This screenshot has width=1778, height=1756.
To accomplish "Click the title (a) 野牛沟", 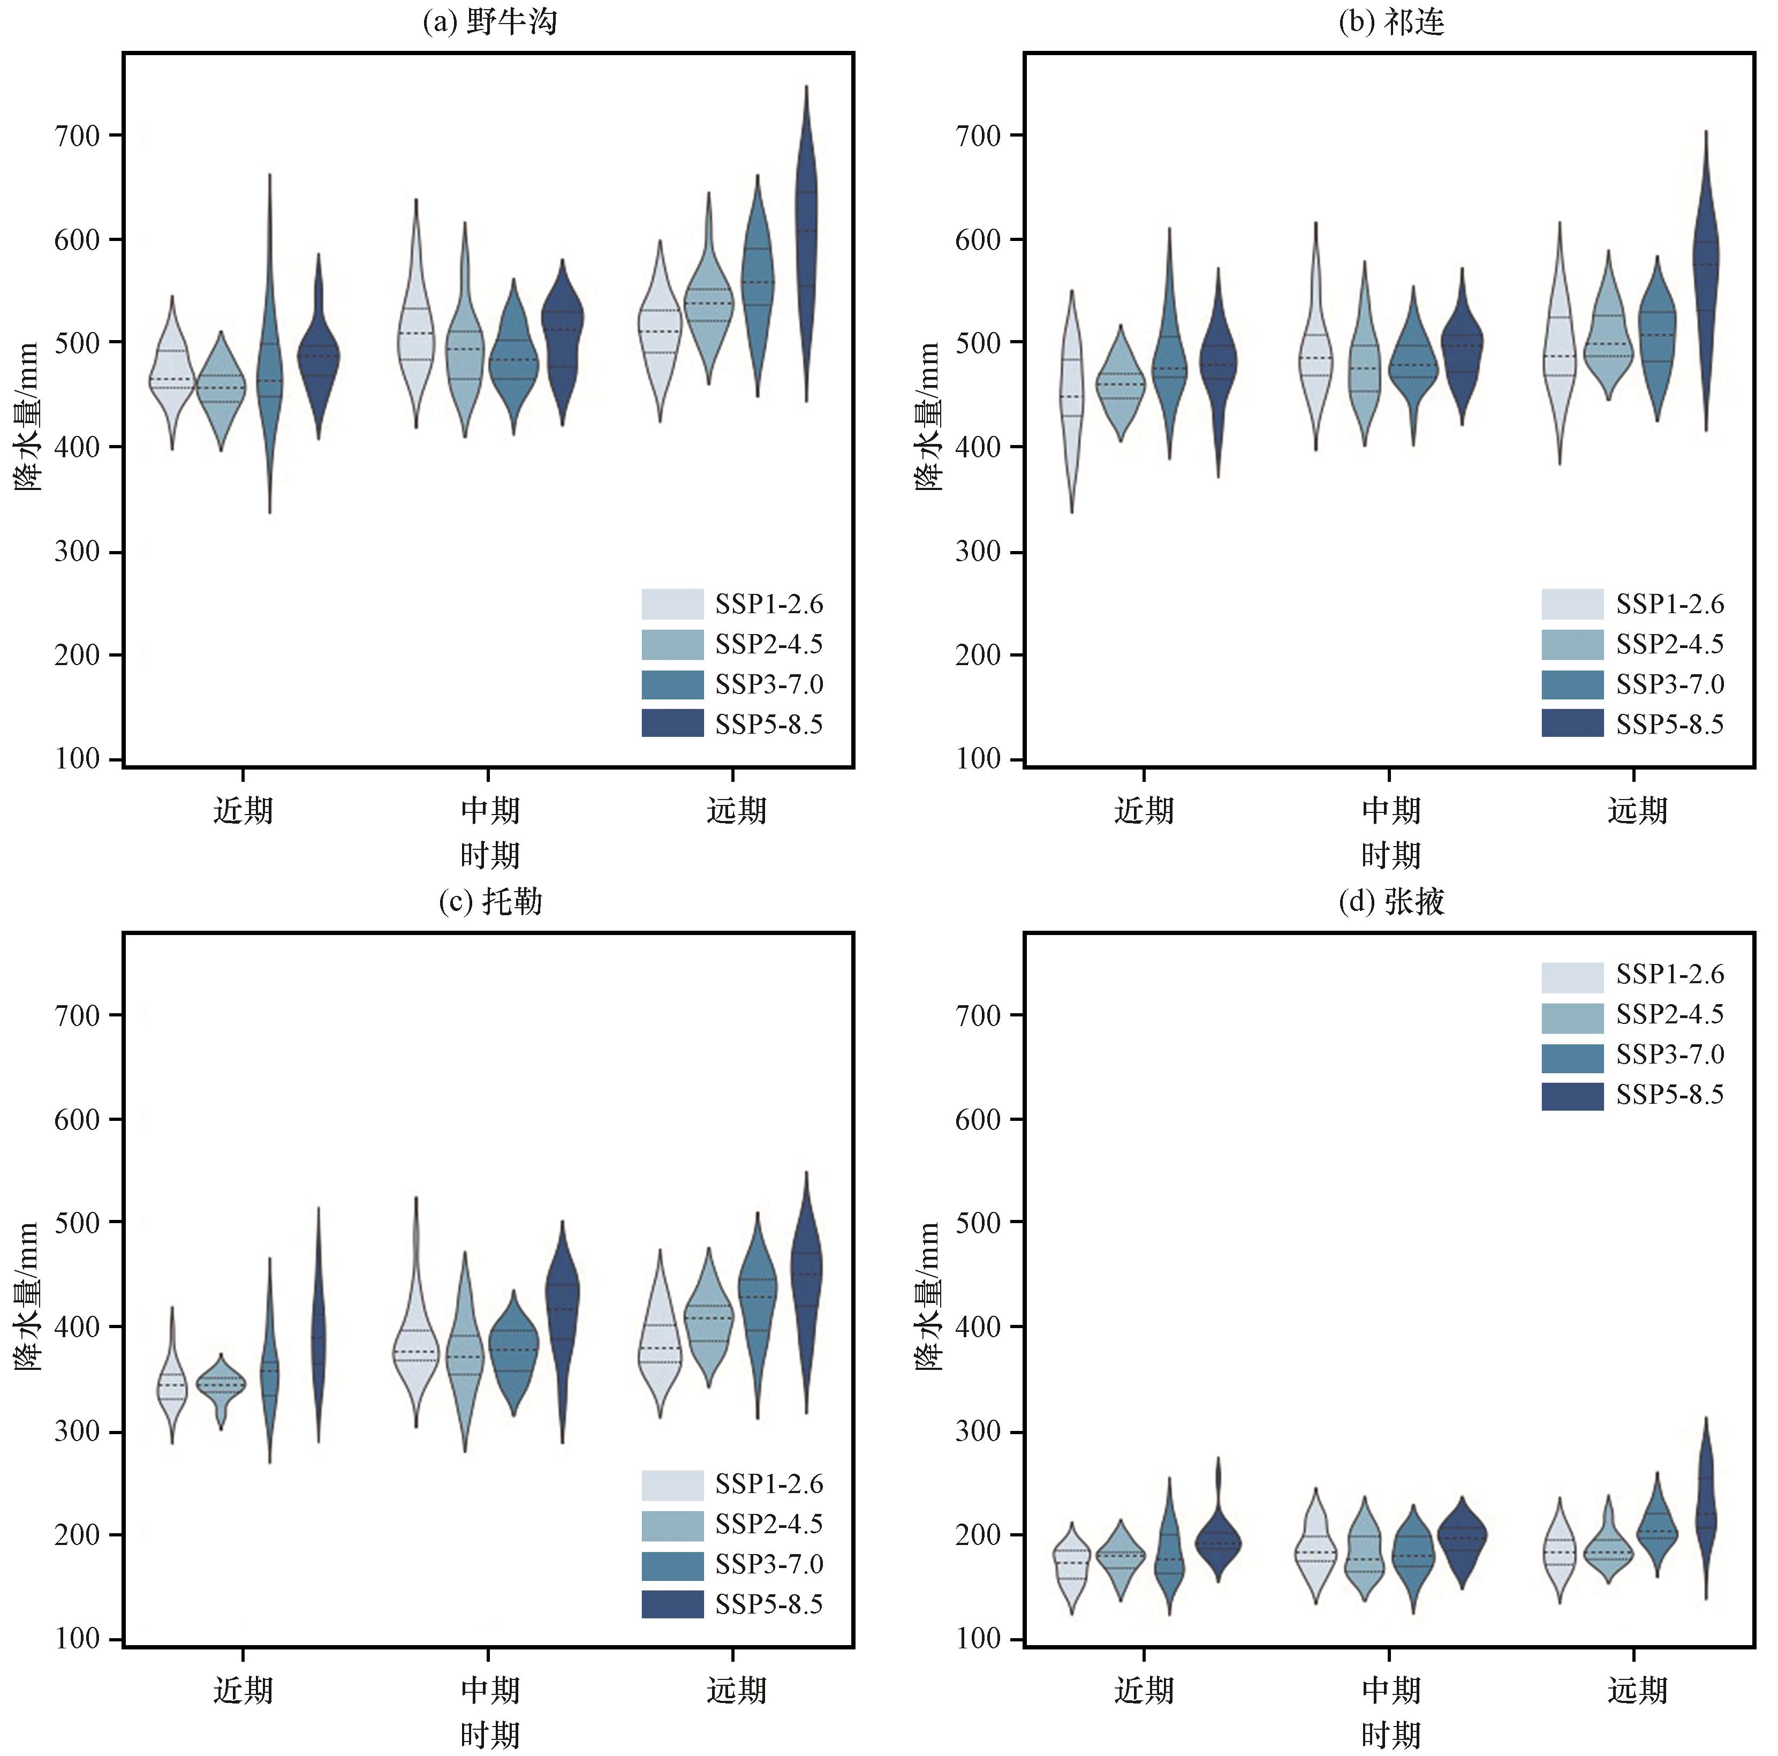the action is click(489, 20).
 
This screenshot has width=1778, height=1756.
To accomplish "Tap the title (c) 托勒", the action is click(489, 900).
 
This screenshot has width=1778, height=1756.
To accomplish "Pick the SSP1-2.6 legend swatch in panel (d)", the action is click(1573, 976).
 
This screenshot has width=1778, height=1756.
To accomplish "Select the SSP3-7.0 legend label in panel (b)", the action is click(1669, 684).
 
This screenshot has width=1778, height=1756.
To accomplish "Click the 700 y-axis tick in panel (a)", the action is click(77, 135).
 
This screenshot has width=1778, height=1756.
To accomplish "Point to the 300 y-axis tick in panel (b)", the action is click(978, 551).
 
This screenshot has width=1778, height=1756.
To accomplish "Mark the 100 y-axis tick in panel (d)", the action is click(978, 1638).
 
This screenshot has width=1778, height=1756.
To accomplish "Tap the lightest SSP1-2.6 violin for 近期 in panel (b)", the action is click(1071, 401).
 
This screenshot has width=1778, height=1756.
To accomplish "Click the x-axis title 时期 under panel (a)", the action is click(489, 855).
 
